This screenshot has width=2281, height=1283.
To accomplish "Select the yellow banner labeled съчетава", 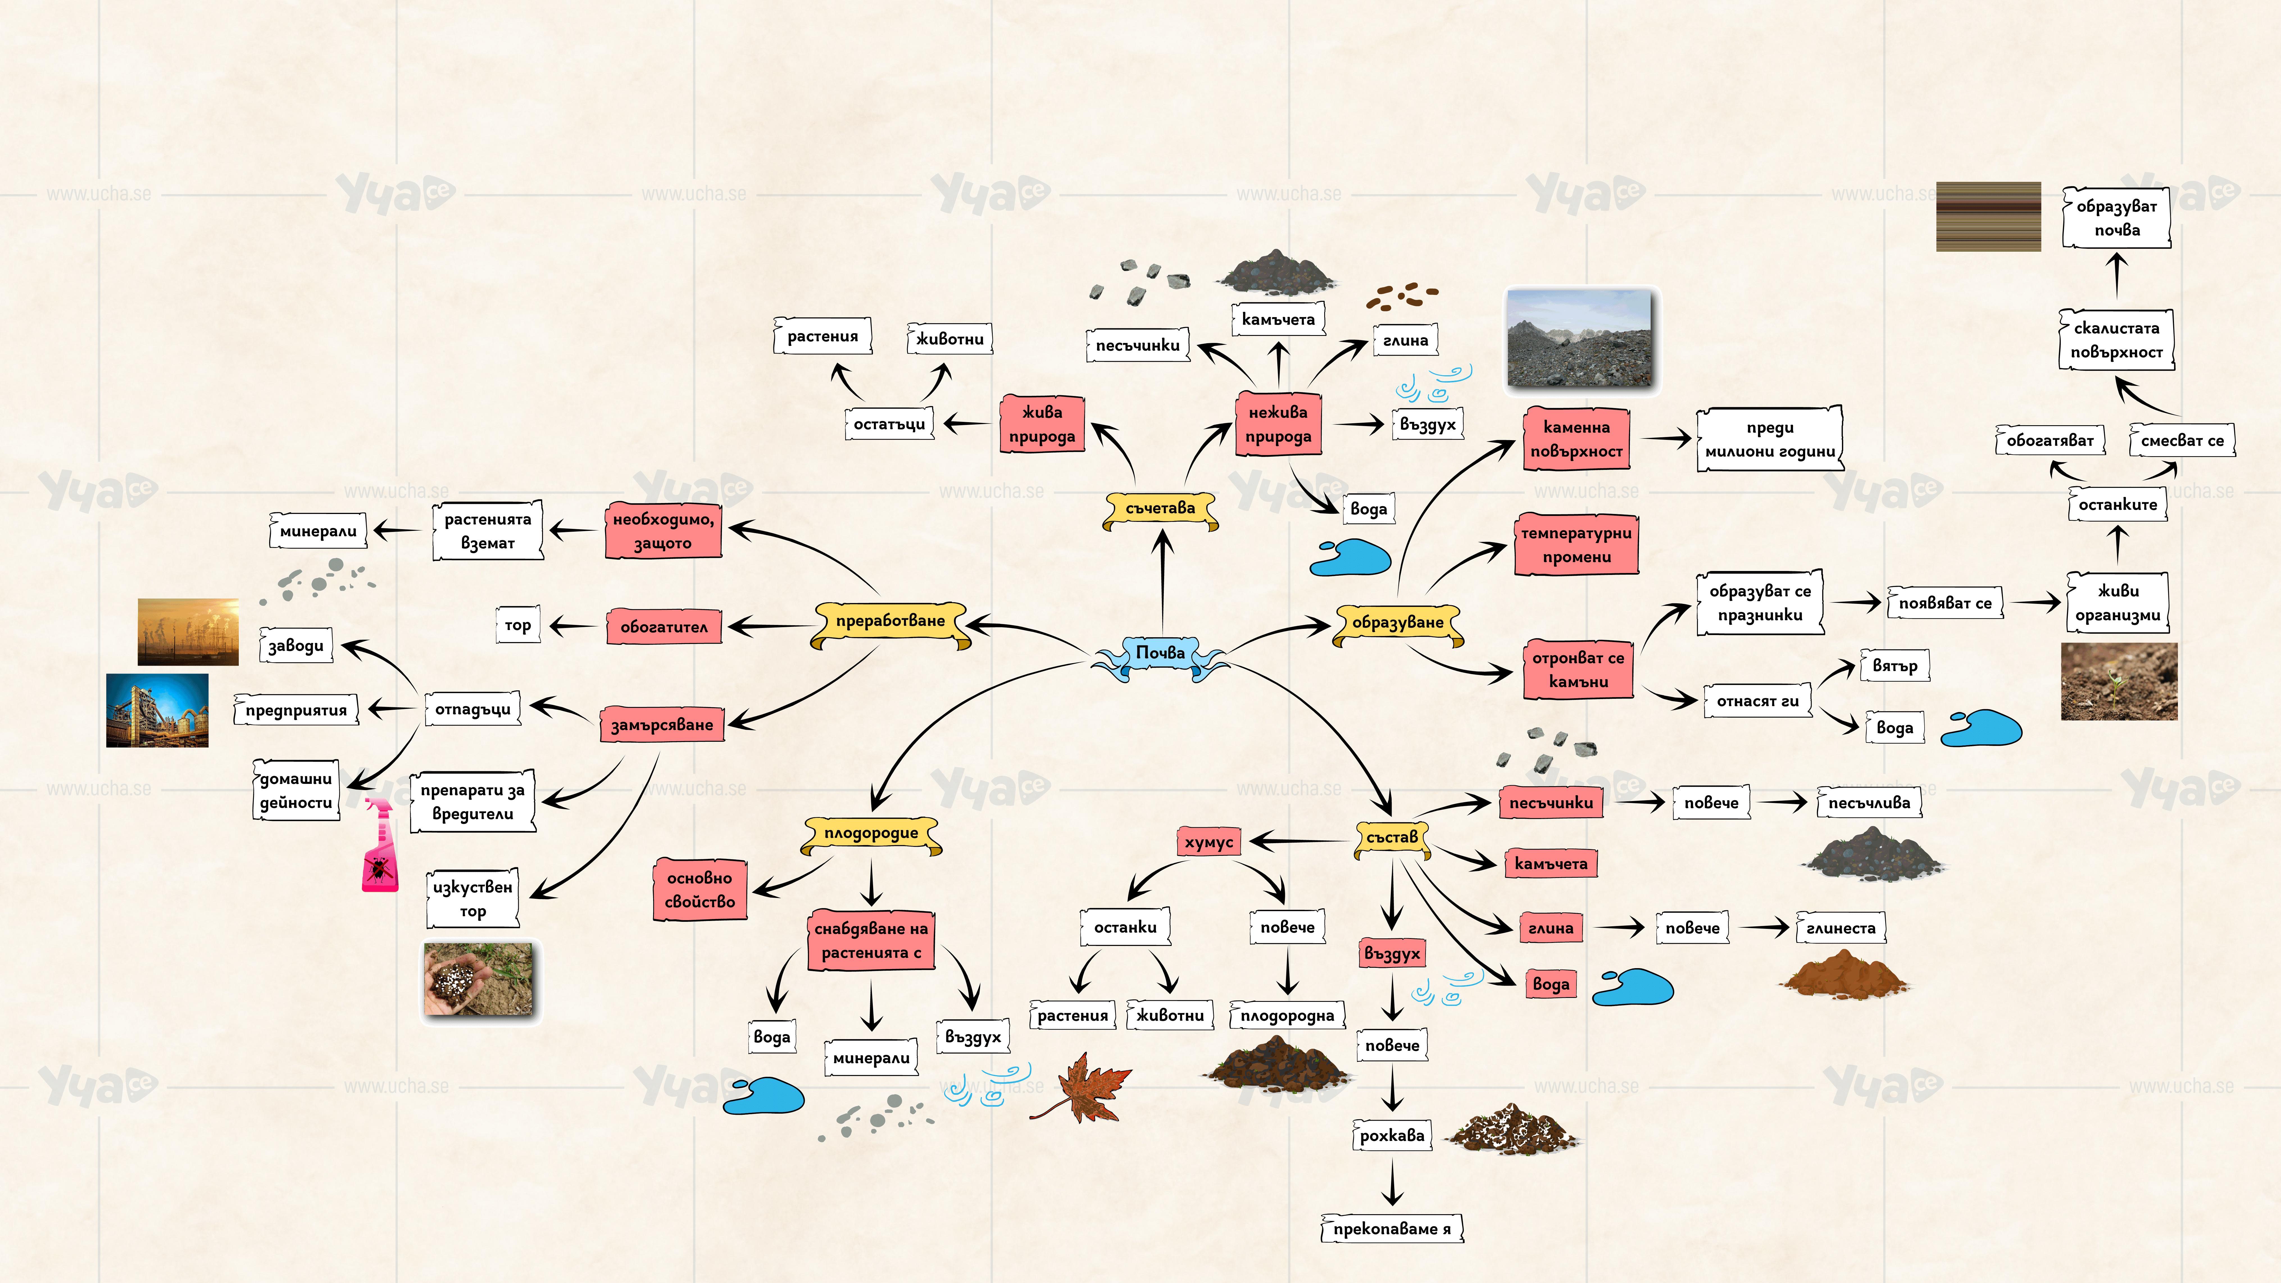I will (x=1160, y=508).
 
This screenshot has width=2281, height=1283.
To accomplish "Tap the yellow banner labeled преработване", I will (x=890, y=622).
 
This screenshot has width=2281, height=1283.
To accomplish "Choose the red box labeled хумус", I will (x=1209, y=842).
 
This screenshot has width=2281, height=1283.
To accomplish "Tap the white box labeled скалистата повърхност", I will (x=2116, y=340).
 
